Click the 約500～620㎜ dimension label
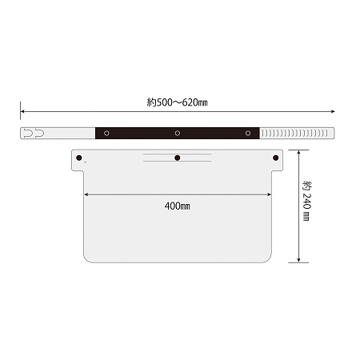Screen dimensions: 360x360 177,102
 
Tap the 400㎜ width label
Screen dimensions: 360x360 178,206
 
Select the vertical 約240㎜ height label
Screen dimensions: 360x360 306,201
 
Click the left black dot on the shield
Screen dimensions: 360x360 79,158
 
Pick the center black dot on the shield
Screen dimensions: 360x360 178,158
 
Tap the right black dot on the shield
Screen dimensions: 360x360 276,158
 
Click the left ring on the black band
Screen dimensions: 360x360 106,133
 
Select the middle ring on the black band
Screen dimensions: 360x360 178,133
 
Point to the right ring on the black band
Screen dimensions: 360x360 248,133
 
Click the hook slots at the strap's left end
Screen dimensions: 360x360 34,133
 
